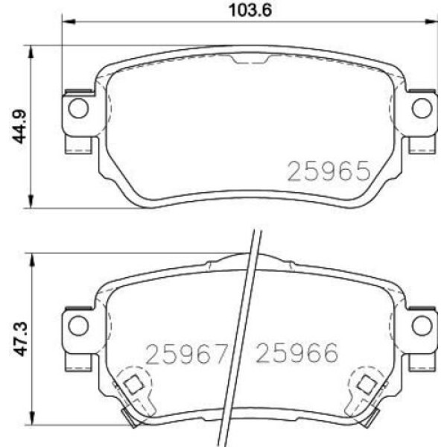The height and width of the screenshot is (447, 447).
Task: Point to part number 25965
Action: (x=329, y=171)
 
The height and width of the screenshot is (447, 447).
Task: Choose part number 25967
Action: (x=186, y=352)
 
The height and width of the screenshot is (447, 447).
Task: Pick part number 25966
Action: (x=297, y=352)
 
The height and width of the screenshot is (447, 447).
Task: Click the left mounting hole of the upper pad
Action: (x=77, y=110)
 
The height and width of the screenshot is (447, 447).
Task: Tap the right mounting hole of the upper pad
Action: (x=422, y=110)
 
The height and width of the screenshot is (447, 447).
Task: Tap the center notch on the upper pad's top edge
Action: (x=250, y=60)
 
